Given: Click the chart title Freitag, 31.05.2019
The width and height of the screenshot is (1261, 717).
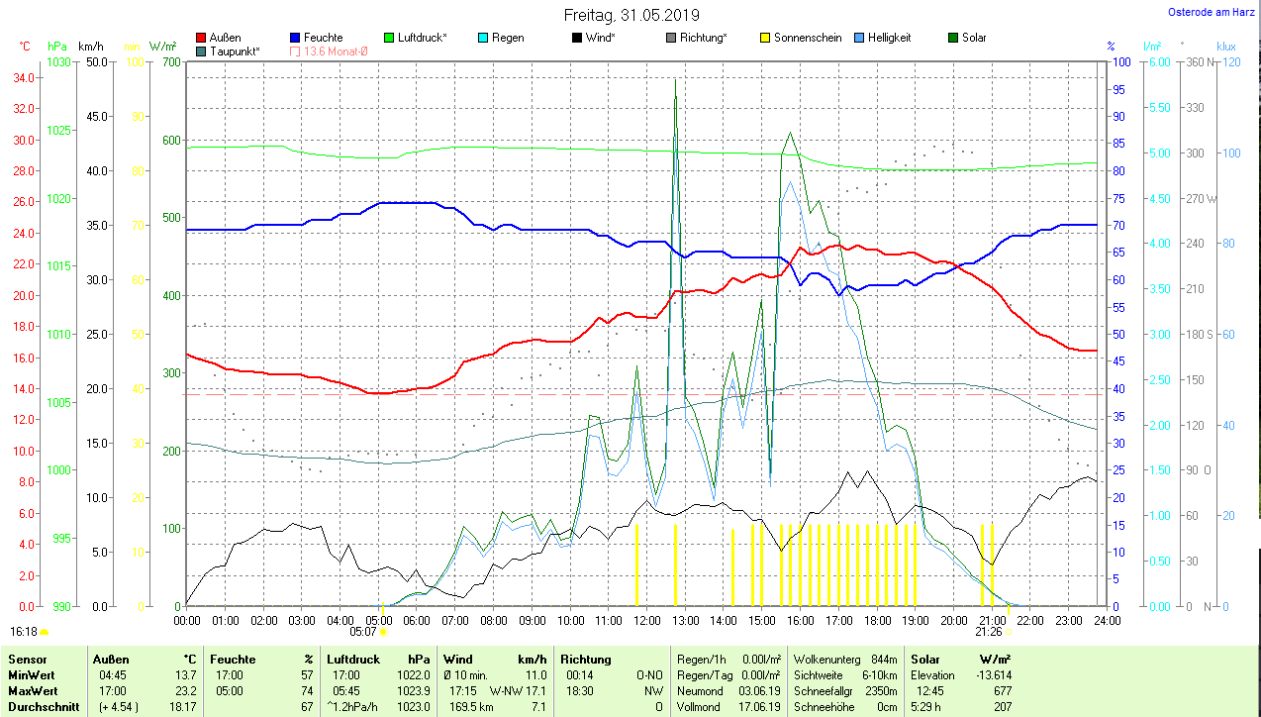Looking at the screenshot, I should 631,15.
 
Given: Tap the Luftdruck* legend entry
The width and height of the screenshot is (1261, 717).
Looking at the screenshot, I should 422,38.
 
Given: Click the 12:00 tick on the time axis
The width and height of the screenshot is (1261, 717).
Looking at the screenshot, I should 646,621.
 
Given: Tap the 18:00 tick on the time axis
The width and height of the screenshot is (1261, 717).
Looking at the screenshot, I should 877,621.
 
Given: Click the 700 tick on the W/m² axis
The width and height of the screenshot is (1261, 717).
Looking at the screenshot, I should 169,62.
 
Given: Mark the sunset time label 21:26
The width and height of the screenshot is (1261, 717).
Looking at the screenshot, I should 989,631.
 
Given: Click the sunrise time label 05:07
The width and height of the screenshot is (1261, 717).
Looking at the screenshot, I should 363,631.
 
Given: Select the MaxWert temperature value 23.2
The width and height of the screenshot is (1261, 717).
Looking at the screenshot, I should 184,689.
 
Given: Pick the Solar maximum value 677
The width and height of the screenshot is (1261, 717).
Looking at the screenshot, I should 1002,689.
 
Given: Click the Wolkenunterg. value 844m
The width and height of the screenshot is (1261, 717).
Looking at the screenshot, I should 884,660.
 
